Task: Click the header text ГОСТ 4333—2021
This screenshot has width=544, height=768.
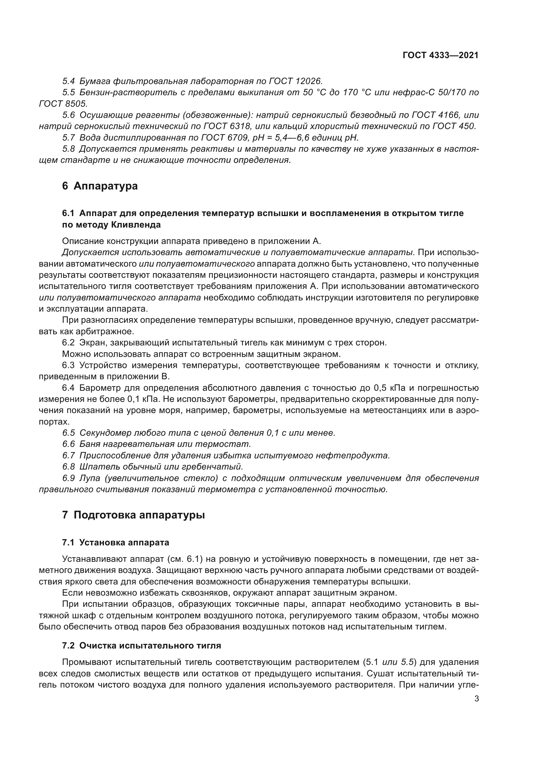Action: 440,55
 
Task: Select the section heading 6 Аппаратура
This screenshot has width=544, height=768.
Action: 100,186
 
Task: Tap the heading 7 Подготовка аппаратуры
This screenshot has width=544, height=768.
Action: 133,515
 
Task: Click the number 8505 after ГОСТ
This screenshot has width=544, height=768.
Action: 75,104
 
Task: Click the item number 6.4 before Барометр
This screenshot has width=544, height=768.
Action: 69,388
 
